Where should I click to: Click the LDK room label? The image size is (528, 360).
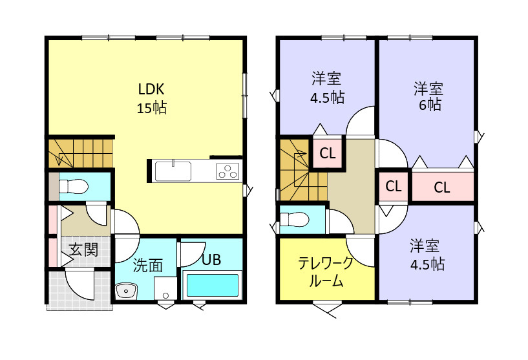(151, 89)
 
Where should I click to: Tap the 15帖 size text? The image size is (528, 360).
(151, 108)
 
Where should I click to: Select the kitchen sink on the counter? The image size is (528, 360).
(173, 171)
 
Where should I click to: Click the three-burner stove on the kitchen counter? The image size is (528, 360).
(227, 171)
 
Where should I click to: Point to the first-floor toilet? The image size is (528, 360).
(73, 187)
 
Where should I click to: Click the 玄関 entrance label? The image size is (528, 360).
(83, 249)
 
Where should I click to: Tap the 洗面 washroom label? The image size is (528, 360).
(147, 264)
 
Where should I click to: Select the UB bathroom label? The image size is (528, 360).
(211, 260)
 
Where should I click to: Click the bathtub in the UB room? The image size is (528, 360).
(213, 285)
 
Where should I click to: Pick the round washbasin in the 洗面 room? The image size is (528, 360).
(124, 291)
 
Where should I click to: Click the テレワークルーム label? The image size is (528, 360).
(326, 272)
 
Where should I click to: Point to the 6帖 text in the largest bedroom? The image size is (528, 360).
(428, 105)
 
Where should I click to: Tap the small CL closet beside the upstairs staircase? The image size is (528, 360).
(328, 154)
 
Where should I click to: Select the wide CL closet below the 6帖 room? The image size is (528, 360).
(442, 187)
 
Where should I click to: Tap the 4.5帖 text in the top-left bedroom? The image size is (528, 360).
(327, 98)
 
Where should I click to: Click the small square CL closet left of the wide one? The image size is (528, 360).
(393, 186)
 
